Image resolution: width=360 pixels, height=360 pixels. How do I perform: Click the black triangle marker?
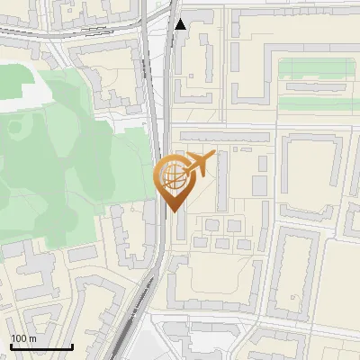[181, 24]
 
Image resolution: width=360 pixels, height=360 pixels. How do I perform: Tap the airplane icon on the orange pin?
[201, 164]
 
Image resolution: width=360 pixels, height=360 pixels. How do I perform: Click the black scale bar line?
[41, 347]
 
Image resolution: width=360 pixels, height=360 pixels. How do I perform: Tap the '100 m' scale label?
[24, 338]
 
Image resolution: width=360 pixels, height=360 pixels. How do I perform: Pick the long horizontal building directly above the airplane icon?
[223, 135]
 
